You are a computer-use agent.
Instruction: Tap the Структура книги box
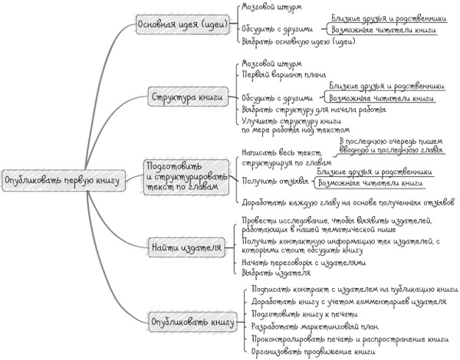point(187,97)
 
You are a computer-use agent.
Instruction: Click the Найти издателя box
point(186,247)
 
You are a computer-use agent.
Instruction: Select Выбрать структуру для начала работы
point(304,110)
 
